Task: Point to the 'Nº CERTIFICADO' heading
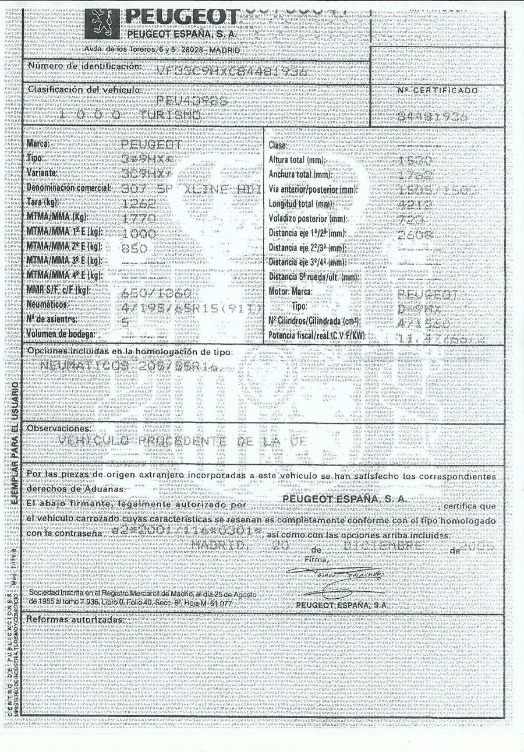(438, 91)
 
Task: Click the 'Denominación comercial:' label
(69, 188)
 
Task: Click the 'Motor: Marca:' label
(291, 291)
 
